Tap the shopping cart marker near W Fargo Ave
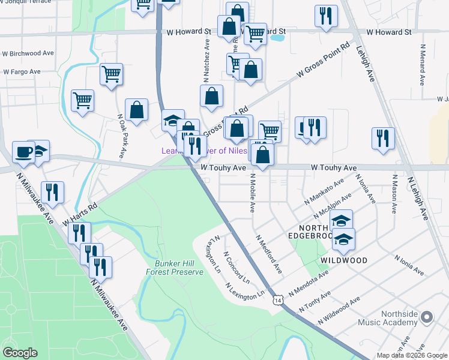(x=112, y=74)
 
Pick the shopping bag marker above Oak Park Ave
(x=137, y=110)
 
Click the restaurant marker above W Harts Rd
(x=52, y=192)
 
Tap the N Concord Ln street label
(x=237, y=268)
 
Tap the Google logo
(x=20, y=353)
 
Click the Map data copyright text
(x=412, y=355)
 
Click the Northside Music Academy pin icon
(x=427, y=317)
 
